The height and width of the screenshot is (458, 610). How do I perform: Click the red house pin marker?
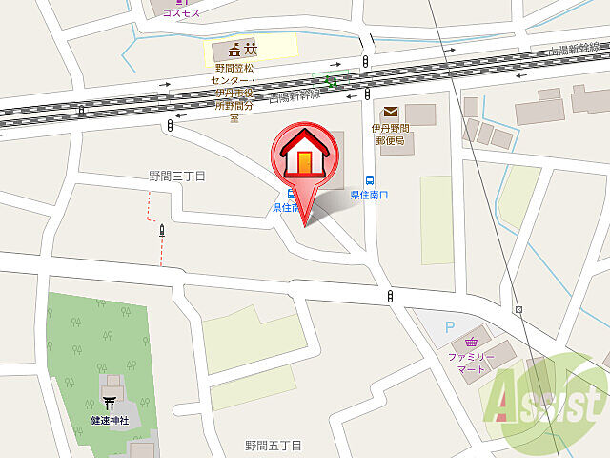coord(303,158)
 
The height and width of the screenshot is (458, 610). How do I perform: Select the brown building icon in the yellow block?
coord(234,50)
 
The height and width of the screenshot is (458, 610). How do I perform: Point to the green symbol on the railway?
coord(331,82)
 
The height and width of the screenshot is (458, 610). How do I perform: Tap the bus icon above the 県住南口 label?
coord(368,179)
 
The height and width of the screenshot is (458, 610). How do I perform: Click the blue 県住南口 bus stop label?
coord(369,196)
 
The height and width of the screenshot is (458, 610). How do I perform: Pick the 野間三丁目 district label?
coord(176,176)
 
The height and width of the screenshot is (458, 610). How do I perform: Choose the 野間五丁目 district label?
coord(273,446)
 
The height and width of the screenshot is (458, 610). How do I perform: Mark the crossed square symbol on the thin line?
coord(518,310)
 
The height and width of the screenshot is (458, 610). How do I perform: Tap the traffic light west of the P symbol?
coord(390,298)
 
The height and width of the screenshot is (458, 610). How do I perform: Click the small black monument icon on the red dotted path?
coord(162,230)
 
